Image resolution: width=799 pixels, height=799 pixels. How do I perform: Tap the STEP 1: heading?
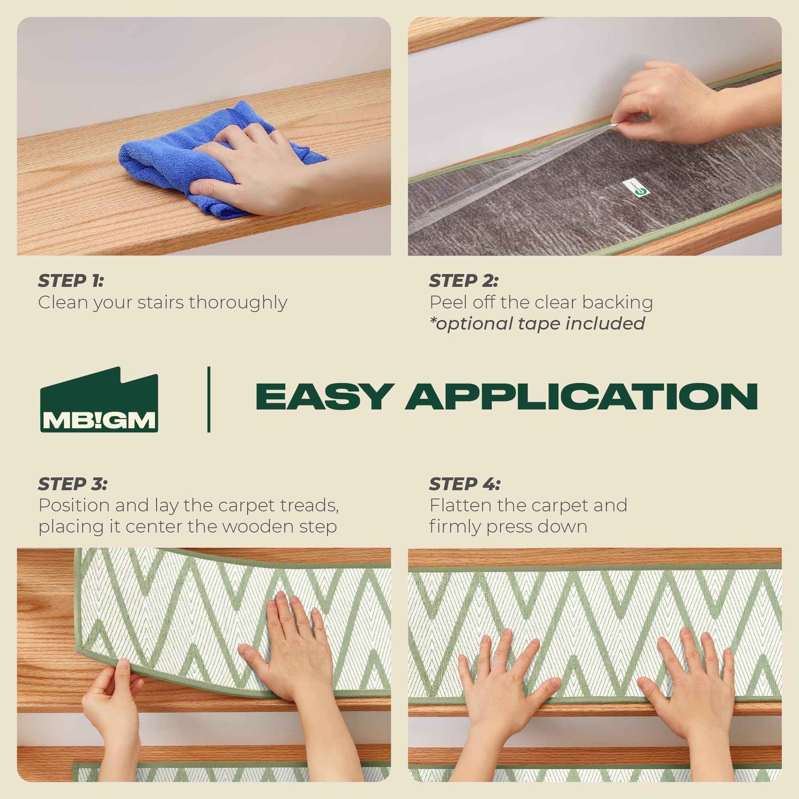coord(71,281)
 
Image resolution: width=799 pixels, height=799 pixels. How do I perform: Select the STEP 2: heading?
coord(463,281)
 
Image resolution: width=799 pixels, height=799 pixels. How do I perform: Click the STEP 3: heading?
coord(72,484)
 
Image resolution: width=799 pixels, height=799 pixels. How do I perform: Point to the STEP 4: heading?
coord(464,484)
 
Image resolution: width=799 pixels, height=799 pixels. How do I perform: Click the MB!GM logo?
coord(99,400)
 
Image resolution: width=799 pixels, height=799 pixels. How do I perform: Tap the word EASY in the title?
coord(323,397)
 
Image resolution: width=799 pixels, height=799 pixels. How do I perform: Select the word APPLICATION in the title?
coord(581,397)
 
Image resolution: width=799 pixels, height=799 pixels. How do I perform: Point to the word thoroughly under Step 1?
coord(238,303)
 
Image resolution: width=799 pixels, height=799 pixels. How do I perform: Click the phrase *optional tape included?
coord(537,324)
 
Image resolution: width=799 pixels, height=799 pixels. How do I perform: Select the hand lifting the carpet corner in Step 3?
coord(112,703)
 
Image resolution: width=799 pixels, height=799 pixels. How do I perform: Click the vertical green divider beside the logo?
coord(209,399)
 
